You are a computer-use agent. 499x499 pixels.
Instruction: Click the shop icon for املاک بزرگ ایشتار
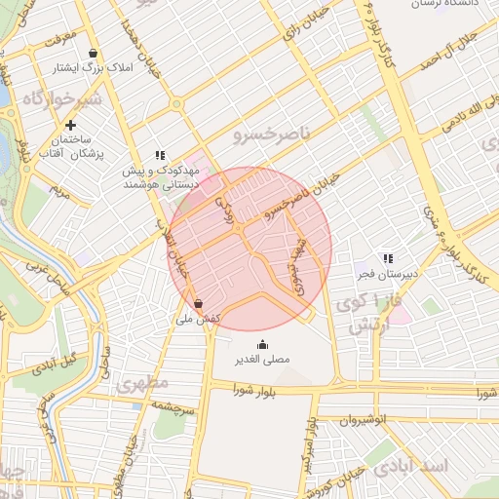pos(93,54)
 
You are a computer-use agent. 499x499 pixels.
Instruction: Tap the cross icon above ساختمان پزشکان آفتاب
pos(70,125)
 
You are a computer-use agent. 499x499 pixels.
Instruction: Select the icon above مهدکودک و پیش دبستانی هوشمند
pos(161,155)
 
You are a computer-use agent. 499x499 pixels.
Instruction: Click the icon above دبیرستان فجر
pos(388,259)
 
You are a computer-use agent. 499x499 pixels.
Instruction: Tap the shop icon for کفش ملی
pos(199,303)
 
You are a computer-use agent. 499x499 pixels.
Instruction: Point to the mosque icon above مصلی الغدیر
pos(262,345)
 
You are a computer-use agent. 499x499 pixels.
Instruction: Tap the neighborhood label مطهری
pos(142,383)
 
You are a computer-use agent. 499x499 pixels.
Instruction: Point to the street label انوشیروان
pos(364,419)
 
